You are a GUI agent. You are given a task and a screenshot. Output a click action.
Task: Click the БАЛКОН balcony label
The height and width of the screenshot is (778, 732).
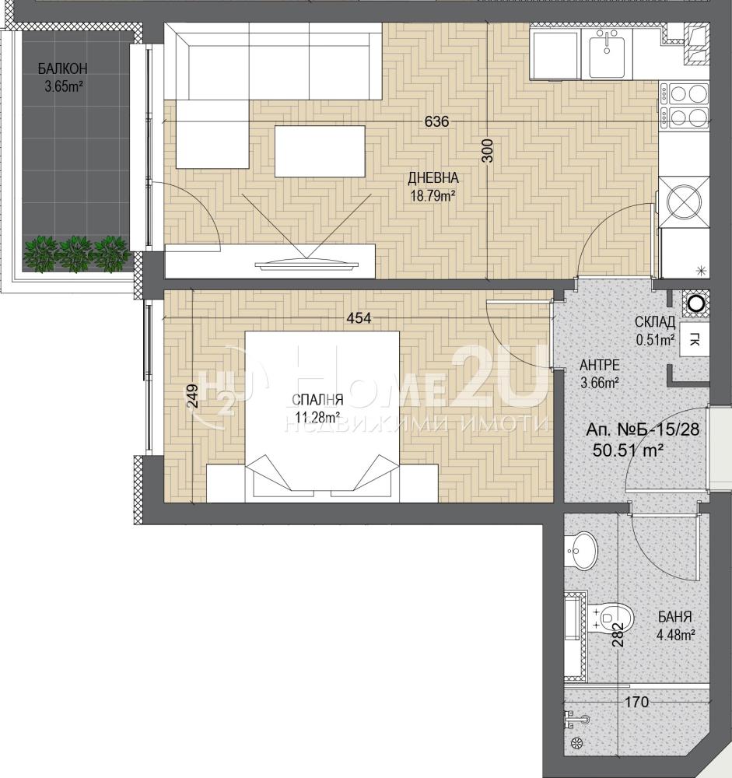click(62, 68)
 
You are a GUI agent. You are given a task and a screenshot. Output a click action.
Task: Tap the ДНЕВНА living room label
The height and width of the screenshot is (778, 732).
click(433, 177)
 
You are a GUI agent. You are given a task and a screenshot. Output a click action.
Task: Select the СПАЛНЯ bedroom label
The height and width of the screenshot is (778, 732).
click(317, 400)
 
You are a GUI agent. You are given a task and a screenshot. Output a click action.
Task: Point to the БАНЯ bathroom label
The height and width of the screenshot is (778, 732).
click(674, 617)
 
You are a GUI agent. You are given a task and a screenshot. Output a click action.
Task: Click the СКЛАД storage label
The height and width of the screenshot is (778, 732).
click(655, 322)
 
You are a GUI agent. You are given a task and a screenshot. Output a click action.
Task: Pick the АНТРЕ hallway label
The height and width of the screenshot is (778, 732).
click(600, 365)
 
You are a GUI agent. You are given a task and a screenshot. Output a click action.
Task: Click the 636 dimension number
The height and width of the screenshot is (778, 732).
click(436, 121)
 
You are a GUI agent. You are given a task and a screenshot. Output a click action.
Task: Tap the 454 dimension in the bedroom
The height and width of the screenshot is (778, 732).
click(359, 318)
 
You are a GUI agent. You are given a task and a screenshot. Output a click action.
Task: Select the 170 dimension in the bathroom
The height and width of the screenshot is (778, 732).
click(636, 702)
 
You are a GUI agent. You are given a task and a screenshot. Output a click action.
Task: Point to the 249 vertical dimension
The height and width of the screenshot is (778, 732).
click(193, 396)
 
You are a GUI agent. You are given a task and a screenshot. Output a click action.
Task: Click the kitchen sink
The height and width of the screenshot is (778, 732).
click(608, 53)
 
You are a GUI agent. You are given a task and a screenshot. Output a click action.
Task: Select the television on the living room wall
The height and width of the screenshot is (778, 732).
click(306, 264)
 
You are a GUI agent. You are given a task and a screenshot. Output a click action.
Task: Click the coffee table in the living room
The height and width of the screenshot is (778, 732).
click(320, 152)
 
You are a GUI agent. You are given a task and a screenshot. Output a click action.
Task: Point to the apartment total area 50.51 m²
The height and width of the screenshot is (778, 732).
click(629, 450)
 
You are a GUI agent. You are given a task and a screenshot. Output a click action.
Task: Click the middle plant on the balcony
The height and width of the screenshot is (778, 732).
click(76, 253)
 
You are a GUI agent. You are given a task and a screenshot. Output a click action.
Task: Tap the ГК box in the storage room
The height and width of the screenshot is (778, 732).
click(694, 340)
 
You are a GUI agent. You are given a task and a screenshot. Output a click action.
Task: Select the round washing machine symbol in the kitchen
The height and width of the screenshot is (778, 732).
click(684, 202)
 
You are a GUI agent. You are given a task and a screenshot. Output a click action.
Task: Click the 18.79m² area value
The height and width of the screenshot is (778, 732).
click(433, 195)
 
